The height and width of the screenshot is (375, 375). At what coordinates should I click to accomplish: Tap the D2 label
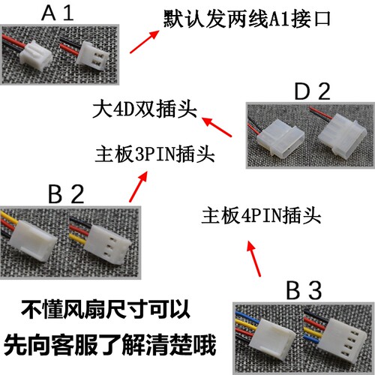(312, 93)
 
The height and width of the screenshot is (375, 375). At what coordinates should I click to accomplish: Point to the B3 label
(304, 289)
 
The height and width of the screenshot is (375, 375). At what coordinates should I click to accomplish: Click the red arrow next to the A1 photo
(145, 39)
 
